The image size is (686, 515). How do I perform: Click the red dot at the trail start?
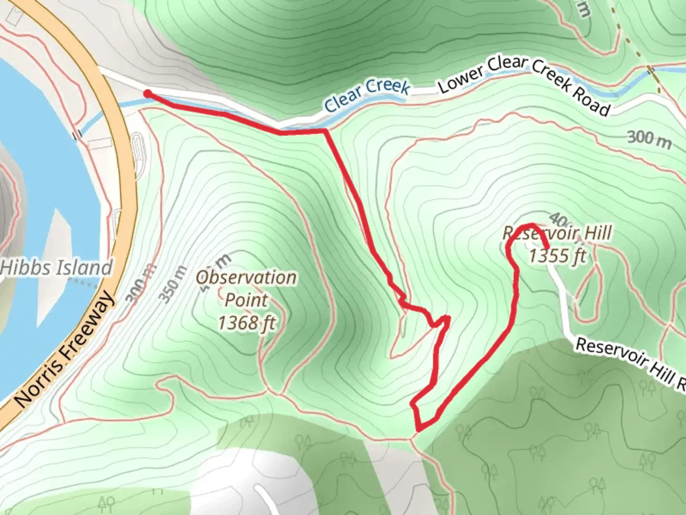pyautogui.click(x=148, y=93)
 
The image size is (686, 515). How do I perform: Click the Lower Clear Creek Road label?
pyautogui.click(x=524, y=84)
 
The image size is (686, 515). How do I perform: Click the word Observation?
pyautogui.click(x=247, y=277)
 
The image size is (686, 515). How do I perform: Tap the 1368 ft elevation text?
pyautogui.click(x=247, y=323)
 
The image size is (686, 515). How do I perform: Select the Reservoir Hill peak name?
pyautogui.click(x=557, y=234)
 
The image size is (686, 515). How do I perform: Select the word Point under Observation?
pyautogui.click(x=246, y=300)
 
